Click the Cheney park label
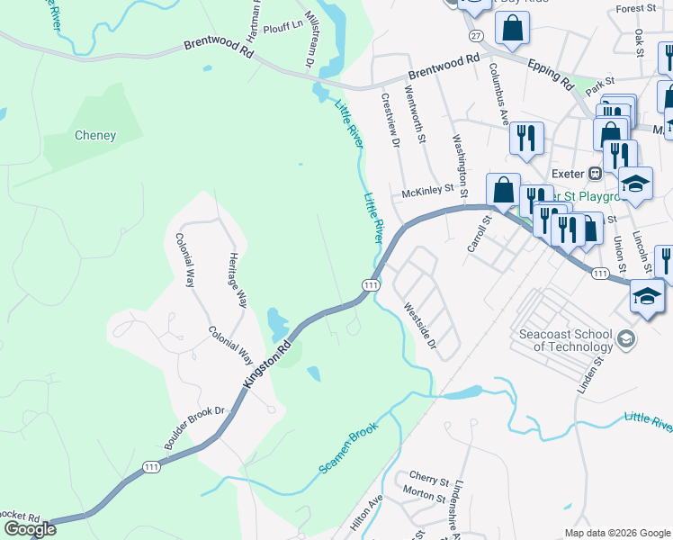(x=94, y=136)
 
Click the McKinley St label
(x=426, y=193)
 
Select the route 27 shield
(x=476, y=35)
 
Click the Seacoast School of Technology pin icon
(x=627, y=339)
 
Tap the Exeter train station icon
(x=595, y=173)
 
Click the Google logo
(x=30, y=529)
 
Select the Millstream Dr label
(x=309, y=40)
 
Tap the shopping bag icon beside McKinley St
(x=503, y=191)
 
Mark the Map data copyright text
(x=617, y=532)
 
